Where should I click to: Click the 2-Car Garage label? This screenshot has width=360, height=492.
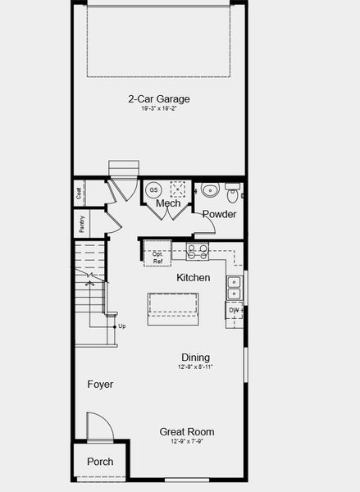point(159,98)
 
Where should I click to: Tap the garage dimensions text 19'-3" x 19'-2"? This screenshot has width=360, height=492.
point(159,107)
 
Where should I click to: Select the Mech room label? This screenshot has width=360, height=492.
point(168,203)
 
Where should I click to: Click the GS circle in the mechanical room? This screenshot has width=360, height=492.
point(153,190)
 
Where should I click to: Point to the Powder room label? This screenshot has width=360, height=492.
point(219,214)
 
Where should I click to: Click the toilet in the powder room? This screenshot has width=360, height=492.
point(233,194)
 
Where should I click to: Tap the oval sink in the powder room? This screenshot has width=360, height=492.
point(210,191)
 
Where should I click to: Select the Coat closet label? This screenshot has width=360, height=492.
point(80,194)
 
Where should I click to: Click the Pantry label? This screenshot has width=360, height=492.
point(82,223)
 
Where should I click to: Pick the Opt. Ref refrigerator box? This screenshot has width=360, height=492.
point(157,257)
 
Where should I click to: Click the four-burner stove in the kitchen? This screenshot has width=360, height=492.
point(198,251)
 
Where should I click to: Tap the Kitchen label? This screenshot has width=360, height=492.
point(194,278)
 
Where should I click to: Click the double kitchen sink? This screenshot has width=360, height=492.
point(234,287)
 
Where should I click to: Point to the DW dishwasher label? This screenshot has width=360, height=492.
point(234,311)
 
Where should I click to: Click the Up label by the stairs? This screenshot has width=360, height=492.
point(122,326)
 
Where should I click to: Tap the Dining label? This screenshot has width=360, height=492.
point(195,358)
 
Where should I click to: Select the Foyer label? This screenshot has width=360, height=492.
point(100,384)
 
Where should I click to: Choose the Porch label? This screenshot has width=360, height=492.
point(100,462)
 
